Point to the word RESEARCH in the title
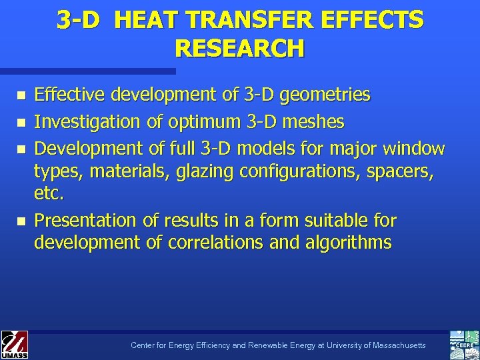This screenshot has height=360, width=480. pyautogui.click(x=239, y=49)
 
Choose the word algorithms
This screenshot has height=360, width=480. pyautogui.click(x=350, y=243)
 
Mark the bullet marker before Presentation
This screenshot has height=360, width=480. pyautogui.click(x=21, y=220)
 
